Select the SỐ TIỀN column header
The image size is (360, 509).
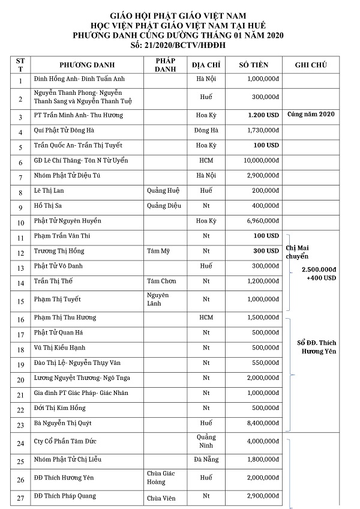tap(253, 65)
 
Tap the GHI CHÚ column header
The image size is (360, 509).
tap(311, 65)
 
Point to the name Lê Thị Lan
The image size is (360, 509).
tap(49, 191)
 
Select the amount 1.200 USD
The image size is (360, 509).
tap(263, 115)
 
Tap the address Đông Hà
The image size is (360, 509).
tap(206, 130)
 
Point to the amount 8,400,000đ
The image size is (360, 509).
tap(262, 423)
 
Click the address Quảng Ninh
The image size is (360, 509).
tap(206, 441)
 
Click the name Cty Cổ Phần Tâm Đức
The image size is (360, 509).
tap(65, 441)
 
